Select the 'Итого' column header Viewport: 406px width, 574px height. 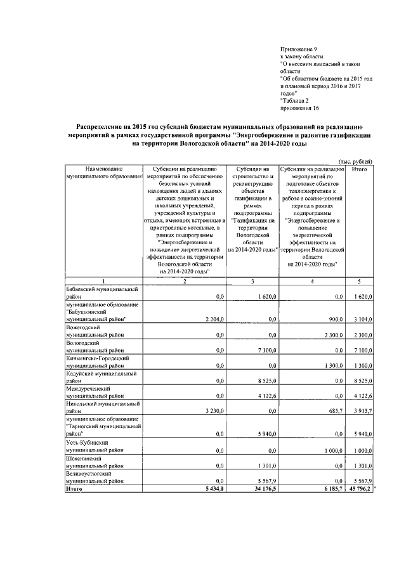pos(359,170)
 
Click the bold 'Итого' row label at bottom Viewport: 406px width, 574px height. pos(75,488)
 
